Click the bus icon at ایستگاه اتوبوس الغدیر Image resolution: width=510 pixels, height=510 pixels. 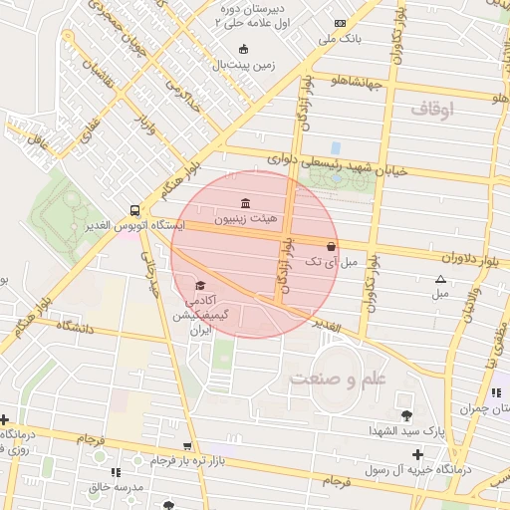[134, 210]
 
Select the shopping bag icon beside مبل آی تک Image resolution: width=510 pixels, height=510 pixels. [331, 244]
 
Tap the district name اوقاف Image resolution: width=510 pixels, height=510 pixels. [431, 107]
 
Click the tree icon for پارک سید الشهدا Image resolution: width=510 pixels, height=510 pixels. [405, 414]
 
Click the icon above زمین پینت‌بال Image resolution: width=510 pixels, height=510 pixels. [243, 49]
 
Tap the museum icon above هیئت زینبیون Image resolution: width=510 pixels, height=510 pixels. [244, 202]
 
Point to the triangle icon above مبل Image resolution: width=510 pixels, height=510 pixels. [440, 279]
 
